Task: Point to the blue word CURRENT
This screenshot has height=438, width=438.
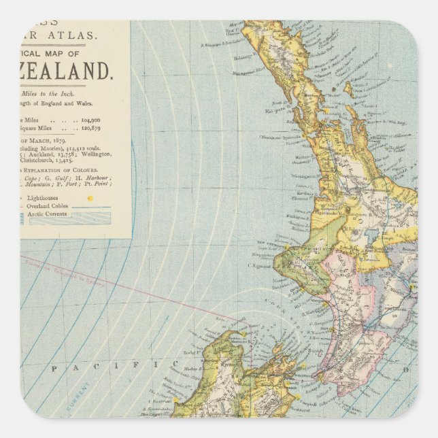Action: [x=80, y=401]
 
